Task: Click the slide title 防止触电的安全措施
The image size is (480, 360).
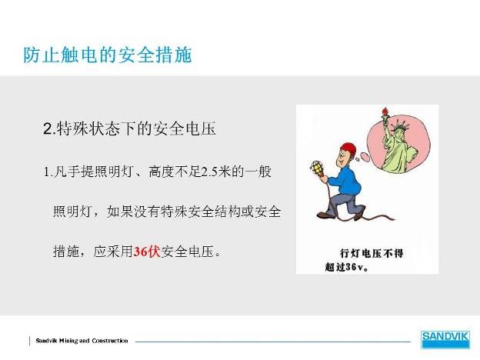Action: [x=108, y=55]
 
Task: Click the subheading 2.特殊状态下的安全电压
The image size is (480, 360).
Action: [x=129, y=128]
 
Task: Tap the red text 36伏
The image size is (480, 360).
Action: [x=147, y=252]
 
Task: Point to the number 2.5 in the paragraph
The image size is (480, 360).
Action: [x=209, y=172]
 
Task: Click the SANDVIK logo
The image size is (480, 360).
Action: [x=445, y=339]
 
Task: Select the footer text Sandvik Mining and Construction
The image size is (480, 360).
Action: [x=82, y=341]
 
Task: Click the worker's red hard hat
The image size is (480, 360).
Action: [x=348, y=149]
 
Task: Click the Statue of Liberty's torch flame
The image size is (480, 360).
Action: [x=385, y=111]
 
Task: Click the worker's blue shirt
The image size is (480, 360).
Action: [x=347, y=181]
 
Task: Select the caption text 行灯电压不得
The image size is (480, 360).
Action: [x=372, y=254]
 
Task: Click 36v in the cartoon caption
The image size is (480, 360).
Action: [x=355, y=267]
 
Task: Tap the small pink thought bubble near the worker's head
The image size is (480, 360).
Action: [x=365, y=156]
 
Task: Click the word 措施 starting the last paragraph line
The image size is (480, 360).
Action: [x=66, y=252]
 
